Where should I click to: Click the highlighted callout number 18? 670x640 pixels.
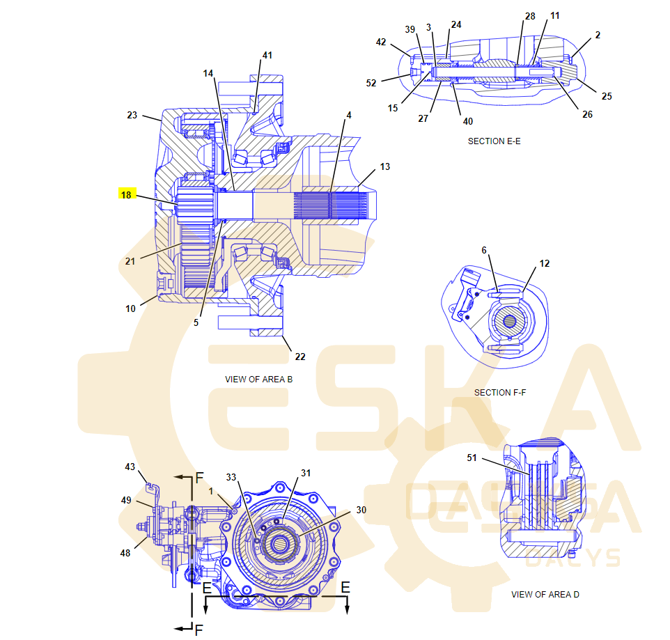125,195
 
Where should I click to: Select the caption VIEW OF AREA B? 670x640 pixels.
258,380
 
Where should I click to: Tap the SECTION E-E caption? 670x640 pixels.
494,141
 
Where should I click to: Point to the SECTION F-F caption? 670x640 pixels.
499,393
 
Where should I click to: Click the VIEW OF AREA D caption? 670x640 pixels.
545,595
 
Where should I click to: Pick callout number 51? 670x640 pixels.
472,458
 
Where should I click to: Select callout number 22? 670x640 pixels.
299,357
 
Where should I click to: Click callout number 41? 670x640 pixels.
267,55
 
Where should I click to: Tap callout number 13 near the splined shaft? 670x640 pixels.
384,166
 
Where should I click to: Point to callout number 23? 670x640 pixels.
132,116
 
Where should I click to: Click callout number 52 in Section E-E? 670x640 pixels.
371,83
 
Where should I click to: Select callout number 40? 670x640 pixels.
468,121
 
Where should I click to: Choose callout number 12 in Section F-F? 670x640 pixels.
544,263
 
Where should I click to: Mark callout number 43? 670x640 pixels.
130,467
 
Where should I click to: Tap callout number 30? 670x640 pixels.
361,510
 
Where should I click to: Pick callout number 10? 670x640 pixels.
131,309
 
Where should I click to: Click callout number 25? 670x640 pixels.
607,96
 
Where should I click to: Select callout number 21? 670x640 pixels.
130,261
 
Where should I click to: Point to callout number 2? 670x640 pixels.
598,35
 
